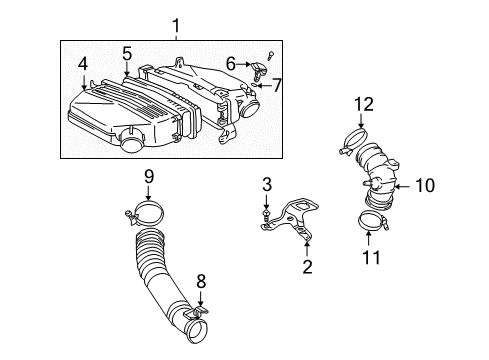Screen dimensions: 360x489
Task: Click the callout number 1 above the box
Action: click(x=176, y=24)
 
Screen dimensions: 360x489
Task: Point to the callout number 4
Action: click(x=83, y=64)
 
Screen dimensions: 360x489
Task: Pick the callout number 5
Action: click(x=127, y=52)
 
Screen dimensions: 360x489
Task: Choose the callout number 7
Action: click(x=277, y=85)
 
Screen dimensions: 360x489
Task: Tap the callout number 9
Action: click(x=148, y=177)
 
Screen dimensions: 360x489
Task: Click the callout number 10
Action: click(x=426, y=185)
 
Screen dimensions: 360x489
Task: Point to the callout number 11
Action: click(x=370, y=260)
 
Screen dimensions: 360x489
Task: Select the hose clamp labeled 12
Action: click(x=358, y=140)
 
